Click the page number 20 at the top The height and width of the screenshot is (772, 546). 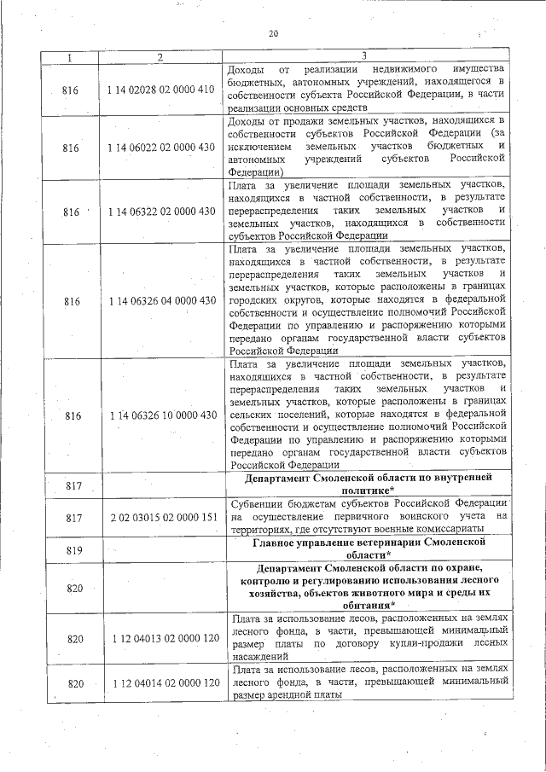click(x=273, y=33)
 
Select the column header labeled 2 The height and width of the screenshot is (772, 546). click(x=160, y=56)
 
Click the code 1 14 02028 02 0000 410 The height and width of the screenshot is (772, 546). click(x=161, y=89)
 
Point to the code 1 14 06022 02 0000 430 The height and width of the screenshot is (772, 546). click(x=161, y=148)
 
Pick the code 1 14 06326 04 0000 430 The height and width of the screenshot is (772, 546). click(x=161, y=301)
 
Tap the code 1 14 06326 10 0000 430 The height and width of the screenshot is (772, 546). click(x=161, y=415)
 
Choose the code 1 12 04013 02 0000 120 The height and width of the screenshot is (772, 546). click(x=161, y=639)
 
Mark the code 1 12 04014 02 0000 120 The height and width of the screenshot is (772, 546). click(x=161, y=682)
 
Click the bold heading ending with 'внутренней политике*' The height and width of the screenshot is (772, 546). click(x=368, y=485)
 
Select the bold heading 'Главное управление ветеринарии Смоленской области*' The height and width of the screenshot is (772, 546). click(x=368, y=548)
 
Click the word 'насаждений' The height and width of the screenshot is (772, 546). click(x=259, y=658)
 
